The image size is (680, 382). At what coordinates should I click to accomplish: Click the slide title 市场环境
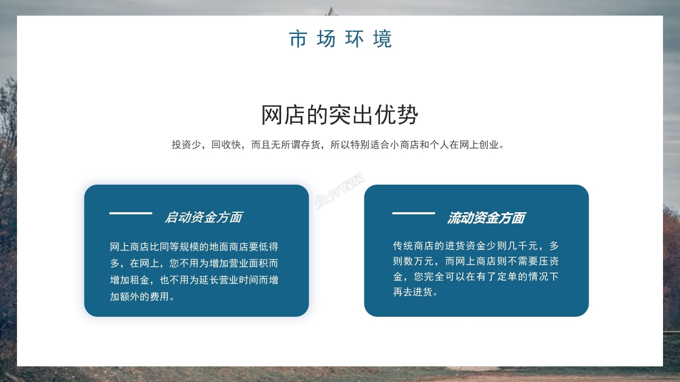(340, 39)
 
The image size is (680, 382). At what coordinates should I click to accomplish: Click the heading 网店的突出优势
(340, 115)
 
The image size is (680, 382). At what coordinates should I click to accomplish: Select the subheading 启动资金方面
(203, 217)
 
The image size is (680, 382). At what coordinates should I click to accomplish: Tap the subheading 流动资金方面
(486, 218)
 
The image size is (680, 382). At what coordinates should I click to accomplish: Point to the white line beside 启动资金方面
(131, 213)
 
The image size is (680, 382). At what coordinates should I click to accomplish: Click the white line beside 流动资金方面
(413, 213)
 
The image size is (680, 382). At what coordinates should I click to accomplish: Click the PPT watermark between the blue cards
(341, 192)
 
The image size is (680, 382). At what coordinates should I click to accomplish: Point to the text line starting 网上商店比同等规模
(194, 247)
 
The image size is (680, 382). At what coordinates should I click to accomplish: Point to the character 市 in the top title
(298, 39)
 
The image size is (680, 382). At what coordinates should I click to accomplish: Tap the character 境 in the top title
(382, 39)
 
